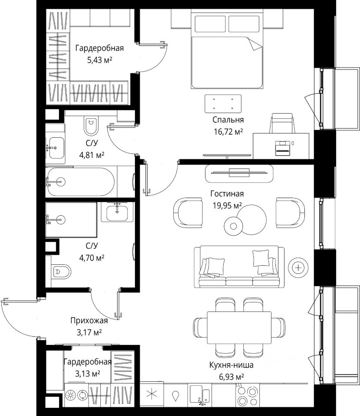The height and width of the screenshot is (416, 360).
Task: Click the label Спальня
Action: point(228,120)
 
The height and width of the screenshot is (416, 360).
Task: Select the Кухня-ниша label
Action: point(231,365)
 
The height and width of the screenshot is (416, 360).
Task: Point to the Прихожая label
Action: point(89,321)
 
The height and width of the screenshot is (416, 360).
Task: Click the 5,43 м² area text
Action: point(100,60)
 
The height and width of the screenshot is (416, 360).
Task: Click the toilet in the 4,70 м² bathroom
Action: point(61,271)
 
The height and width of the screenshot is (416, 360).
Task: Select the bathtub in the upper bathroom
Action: point(81,182)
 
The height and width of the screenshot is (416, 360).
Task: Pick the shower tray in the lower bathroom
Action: point(71,220)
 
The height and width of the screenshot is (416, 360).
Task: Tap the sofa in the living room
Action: point(239,266)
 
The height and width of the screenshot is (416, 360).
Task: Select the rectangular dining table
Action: point(239,328)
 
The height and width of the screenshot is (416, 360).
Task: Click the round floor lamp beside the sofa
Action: point(298,268)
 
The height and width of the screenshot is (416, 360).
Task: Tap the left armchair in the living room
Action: point(188,213)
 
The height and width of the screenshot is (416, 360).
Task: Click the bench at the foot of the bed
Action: point(223,104)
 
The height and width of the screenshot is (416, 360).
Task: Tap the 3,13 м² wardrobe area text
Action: point(88,374)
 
